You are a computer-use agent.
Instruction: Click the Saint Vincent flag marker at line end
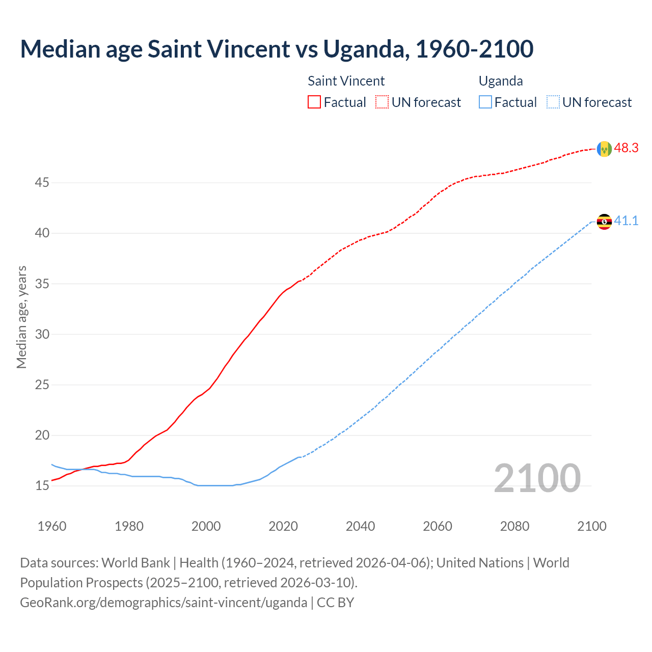tap(604, 149)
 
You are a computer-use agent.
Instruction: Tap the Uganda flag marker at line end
tap(604, 222)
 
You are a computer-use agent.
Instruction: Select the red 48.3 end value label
tap(626, 148)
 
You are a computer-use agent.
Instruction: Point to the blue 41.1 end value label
tap(626, 221)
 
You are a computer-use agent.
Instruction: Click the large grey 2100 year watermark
tap(537, 478)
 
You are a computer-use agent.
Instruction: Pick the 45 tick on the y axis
tap(42, 182)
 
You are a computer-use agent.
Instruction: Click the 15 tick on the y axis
tap(42, 485)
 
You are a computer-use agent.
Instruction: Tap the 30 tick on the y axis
tap(42, 334)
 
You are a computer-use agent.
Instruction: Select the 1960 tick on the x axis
tap(52, 526)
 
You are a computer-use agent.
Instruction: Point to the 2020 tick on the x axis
tap(283, 526)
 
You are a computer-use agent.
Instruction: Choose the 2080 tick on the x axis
tap(514, 526)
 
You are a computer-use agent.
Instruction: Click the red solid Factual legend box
tap(314, 102)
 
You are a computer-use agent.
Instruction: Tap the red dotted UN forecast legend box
tap(382, 102)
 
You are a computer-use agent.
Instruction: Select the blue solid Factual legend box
tap(485, 102)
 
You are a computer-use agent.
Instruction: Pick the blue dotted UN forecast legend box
tap(553, 102)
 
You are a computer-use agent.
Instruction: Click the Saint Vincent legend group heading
tap(346, 81)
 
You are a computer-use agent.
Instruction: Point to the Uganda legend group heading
tap(501, 81)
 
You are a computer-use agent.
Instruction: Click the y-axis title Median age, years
tap(21, 317)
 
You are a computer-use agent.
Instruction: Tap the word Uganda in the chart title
tap(366, 49)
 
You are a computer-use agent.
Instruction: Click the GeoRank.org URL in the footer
tap(164, 603)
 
